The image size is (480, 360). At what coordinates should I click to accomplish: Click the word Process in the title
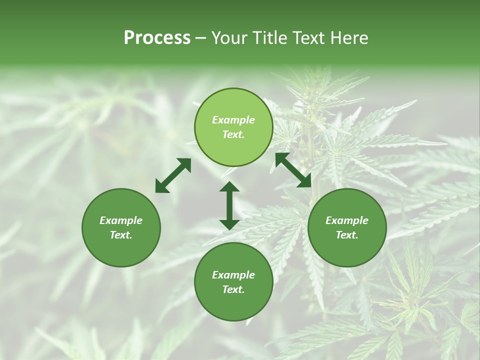point(157,38)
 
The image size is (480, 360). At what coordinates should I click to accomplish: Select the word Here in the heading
point(349,38)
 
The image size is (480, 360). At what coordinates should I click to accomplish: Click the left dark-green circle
point(121,227)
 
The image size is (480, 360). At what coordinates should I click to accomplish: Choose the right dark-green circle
point(347,227)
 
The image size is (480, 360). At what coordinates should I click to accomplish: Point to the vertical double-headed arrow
point(229,205)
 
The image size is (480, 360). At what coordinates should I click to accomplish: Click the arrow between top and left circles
point(173,175)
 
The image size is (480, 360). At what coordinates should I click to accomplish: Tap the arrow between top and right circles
point(293,170)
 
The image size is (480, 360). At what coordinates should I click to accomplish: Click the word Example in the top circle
point(233,120)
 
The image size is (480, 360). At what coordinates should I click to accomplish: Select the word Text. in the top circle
point(233,134)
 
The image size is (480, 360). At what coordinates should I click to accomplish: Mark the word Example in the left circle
point(121,220)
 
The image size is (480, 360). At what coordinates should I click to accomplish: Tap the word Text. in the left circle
point(121,235)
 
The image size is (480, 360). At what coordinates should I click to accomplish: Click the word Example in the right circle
point(347,220)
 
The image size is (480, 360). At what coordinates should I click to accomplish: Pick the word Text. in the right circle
point(347,235)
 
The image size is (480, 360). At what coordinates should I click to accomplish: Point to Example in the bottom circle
point(233,275)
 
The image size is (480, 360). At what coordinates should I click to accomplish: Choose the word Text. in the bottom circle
point(233,289)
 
